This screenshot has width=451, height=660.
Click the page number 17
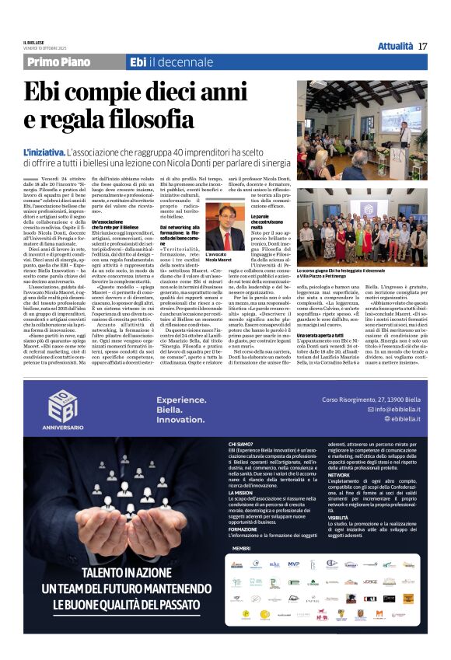422,46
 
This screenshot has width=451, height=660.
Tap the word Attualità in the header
395,46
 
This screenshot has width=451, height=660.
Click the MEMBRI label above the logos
241,548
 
